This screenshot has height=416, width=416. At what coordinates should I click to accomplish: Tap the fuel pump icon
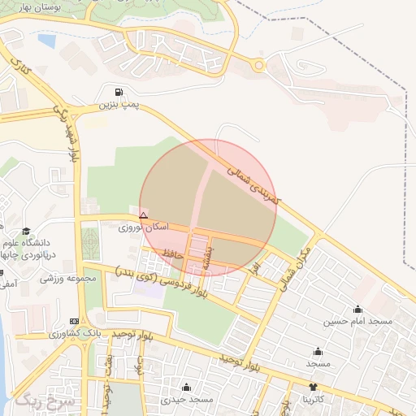click(x=120, y=92)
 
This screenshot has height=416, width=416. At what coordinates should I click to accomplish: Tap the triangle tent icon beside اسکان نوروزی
click(x=144, y=215)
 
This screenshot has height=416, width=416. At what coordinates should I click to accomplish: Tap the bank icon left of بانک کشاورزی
click(x=75, y=321)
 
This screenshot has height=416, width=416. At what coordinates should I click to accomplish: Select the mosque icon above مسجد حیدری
click(x=187, y=387)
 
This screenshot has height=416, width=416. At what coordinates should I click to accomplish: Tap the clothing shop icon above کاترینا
click(x=314, y=387)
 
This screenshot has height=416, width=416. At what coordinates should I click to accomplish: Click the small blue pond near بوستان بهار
click(x=47, y=40)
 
